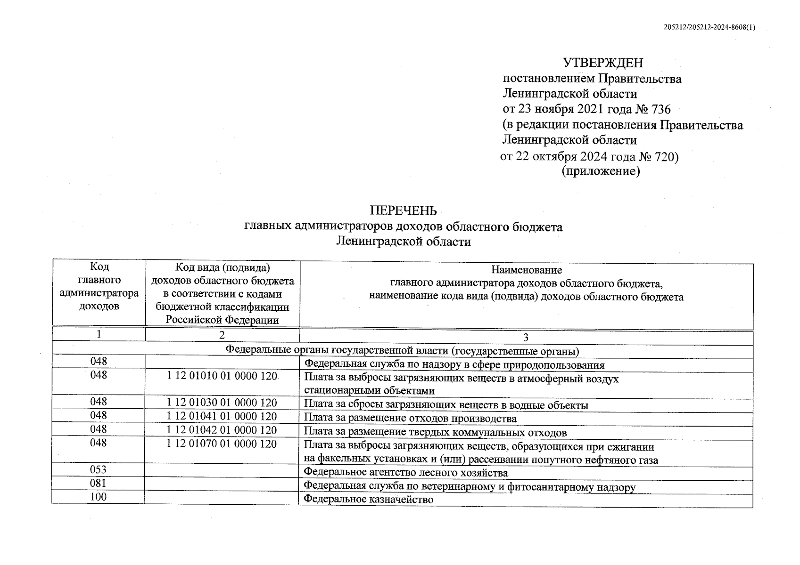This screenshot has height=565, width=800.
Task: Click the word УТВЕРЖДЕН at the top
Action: tap(603, 63)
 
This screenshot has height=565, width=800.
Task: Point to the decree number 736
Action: tap(660, 110)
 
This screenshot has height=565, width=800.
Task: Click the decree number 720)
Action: tap(667, 157)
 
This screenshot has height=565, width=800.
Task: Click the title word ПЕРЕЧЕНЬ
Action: tap(403, 210)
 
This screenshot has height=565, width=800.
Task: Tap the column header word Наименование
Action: tap(526, 270)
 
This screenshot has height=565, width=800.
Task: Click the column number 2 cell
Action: tap(222, 335)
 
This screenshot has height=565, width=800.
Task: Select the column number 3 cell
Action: tap(526, 338)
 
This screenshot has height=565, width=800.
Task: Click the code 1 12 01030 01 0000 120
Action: tap(222, 403)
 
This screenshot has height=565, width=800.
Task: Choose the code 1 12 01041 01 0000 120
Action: tap(222, 417)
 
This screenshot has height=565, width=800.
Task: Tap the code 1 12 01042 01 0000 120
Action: tap(222, 430)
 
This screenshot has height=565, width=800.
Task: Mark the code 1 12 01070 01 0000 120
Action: tap(222, 444)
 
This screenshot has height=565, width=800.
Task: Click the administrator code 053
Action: tap(99, 470)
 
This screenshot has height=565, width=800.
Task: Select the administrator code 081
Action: tap(99, 484)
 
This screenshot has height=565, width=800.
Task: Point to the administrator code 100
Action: tap(99, 497)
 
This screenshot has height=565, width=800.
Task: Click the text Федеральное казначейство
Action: tap(368, 500)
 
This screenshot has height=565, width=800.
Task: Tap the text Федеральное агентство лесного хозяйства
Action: tap(406, 472)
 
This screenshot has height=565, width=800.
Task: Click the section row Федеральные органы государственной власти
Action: tap(402, 351)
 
